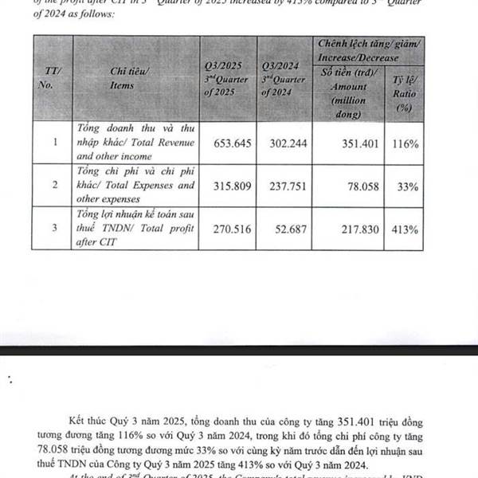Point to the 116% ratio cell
405,143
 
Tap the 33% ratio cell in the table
406,185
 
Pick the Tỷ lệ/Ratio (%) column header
404,94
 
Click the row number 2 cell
54,185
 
